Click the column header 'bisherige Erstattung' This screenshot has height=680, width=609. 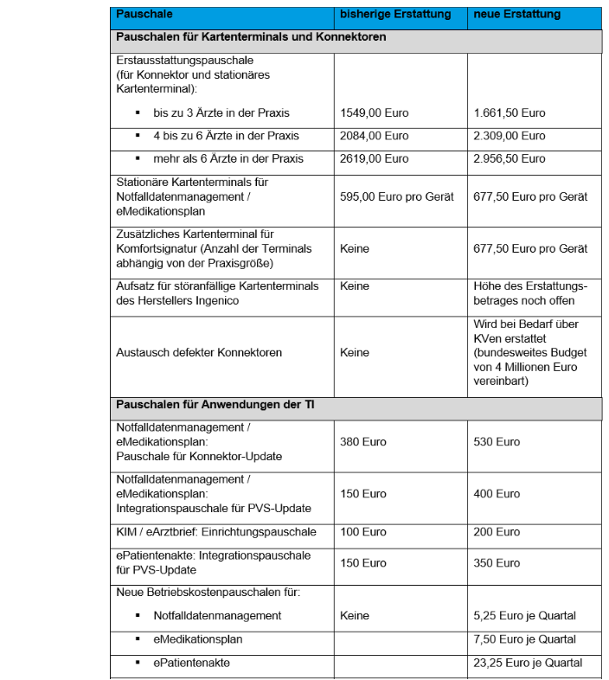coord(395,15)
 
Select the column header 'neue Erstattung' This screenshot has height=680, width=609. coord(516,15)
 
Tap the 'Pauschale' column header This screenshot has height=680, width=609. coord(144,15)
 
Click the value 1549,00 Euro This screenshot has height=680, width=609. coord(375,113)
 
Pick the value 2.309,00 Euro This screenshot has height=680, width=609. coord(510,136)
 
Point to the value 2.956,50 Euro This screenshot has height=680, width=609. coord(510,158)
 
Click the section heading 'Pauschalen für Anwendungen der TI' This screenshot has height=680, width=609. coord(203,405)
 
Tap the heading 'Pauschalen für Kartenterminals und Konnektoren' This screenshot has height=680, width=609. coord(251,37)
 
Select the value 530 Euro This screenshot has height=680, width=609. coord(497,441)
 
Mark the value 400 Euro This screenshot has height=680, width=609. coord(497,493)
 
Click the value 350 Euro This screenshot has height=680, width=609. coord(497,562)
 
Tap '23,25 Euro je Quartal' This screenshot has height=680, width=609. coord(528,663)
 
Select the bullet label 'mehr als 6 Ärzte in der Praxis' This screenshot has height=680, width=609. coord(228,158)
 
